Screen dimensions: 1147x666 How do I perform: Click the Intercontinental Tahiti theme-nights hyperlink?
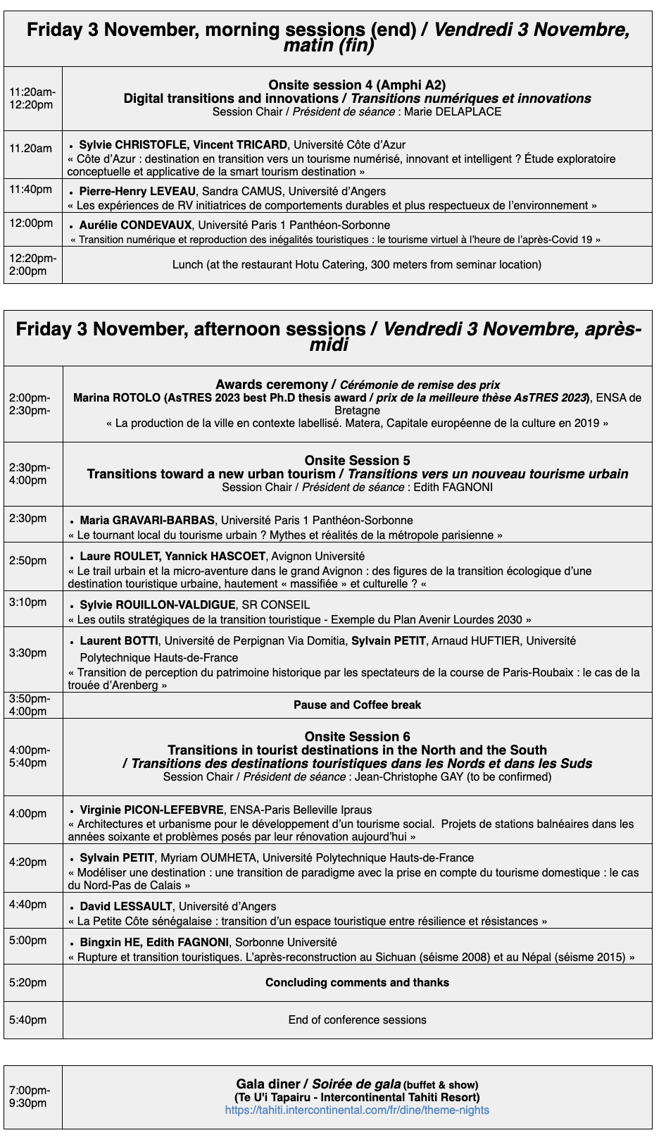click(x=357, y=1110)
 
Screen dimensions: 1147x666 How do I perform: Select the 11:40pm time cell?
click(x=31, y=190)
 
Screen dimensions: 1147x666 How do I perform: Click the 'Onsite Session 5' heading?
click(x=357, y=461)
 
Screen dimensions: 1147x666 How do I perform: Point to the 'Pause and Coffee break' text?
click(x=357, y=705)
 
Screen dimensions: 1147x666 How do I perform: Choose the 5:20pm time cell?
click(x=28, y=983)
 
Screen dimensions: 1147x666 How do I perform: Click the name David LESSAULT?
click(x=126, y=907)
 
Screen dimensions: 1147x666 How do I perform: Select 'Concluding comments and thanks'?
click(x=357, y=983)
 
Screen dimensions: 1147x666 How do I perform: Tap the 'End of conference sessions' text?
click(x=357, y=1020)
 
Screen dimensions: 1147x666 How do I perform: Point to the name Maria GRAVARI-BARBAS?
click(x=147, y=521)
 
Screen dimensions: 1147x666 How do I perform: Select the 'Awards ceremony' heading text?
click(x=272, y=385)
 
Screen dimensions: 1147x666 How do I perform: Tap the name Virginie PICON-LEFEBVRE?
click(x=152, y=810)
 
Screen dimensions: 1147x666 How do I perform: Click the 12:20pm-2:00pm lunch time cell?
click(x=32, y=264)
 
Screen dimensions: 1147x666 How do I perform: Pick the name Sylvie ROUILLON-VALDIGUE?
click(x=158, y=605)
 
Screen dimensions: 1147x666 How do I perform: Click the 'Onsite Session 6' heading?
click(x=357, y=737)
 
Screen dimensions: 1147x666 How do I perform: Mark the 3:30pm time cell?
click(x=28, y=653)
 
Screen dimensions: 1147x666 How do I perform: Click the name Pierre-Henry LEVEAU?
click(x=137, y=192)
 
